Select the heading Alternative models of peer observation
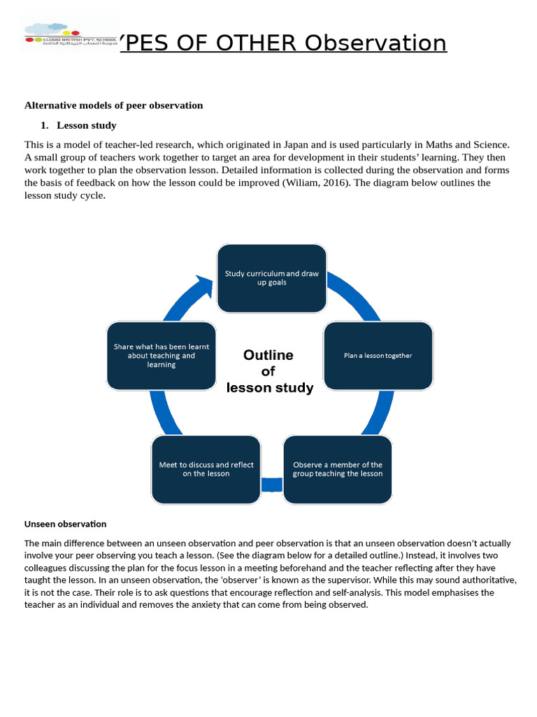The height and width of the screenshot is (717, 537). [x=113, y=106]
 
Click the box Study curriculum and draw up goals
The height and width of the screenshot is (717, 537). [x=271, y=278]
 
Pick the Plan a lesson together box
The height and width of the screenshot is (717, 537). [x=378, y=356]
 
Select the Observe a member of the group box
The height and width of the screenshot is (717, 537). [x=338, y=469]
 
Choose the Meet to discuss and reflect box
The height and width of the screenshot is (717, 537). [x=206, y=469]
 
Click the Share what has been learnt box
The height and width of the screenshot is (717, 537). [x=161, y=356]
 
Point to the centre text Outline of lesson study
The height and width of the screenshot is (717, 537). [x=269, y=371]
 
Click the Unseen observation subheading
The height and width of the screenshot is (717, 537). [x=65, y=524]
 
